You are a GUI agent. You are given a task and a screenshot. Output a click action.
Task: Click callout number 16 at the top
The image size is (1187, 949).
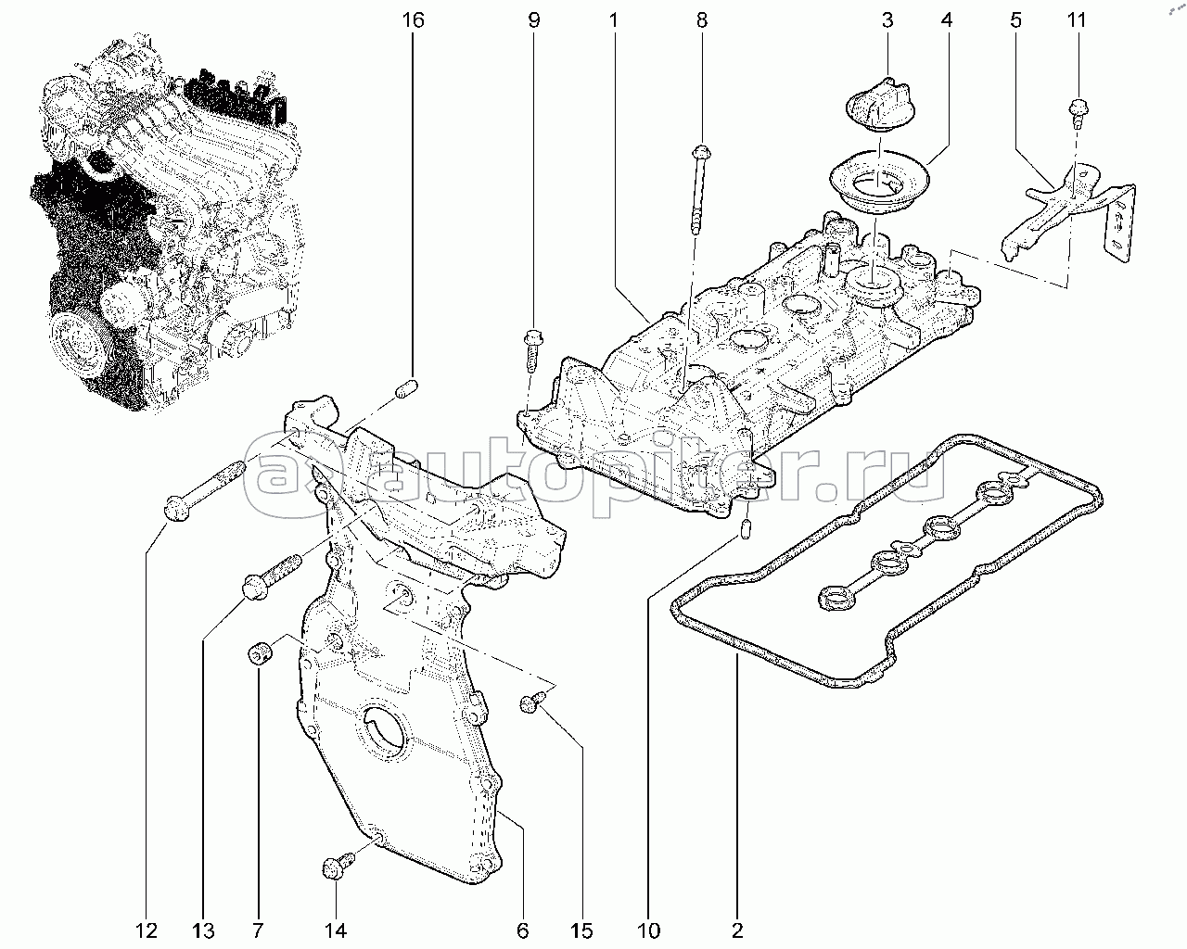tap(413, 20)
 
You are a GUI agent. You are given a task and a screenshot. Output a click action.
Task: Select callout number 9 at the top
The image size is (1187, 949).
tap(534, 20)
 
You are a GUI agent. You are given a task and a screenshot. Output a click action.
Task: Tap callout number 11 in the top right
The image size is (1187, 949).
tap(1077, 20)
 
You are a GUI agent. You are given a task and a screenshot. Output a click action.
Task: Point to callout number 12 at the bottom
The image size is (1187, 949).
tap(147, 930)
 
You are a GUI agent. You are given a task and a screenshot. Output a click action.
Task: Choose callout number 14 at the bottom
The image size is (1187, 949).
tap(335, 930)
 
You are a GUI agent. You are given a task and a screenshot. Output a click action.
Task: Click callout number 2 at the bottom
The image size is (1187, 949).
tap(737, 930)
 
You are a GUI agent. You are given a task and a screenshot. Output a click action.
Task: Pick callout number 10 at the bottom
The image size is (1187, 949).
tap(648, 930)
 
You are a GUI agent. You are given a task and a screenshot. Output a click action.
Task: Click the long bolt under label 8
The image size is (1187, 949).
tap(699, 190)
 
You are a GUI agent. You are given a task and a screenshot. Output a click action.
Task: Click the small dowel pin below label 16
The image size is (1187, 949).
tap(408, 388)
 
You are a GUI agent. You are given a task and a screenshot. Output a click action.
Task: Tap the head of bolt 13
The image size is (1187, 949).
tap(256, 587)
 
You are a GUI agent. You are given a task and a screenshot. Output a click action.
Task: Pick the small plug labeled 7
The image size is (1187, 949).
tap(259, 653)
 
